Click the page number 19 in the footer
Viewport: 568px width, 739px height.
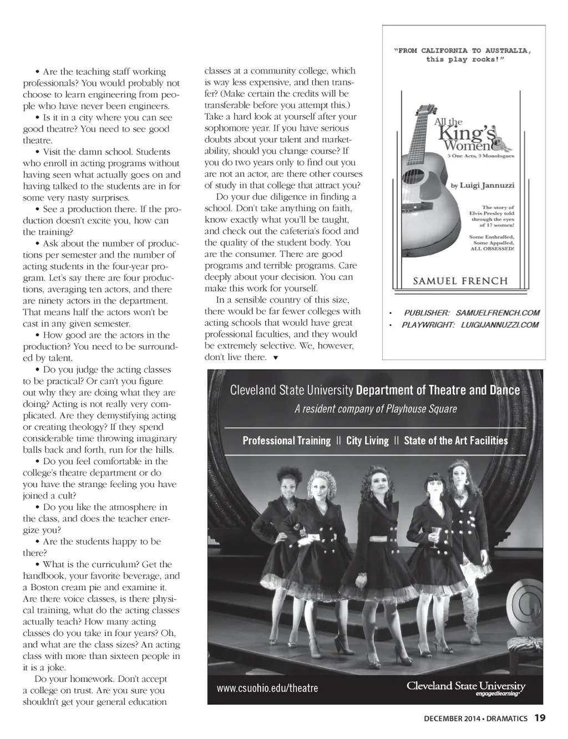click(540, 718)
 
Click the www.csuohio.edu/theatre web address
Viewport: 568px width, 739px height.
click(267, 688)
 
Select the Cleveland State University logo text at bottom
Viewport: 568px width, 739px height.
click(465, 686)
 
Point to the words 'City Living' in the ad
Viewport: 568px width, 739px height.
click(367, 440)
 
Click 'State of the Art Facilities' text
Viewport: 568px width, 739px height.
click(455, 440)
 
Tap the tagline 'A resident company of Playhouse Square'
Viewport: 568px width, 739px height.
click(376, 409)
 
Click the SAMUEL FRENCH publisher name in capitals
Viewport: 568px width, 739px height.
click(460, 280)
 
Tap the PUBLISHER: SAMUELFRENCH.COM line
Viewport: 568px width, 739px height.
click(471, 313)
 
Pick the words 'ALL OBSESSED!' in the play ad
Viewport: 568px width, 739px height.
click(492, 249)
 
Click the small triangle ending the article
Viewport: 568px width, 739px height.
click(276, 358)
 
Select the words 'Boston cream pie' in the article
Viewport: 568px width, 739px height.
click(67, 587)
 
